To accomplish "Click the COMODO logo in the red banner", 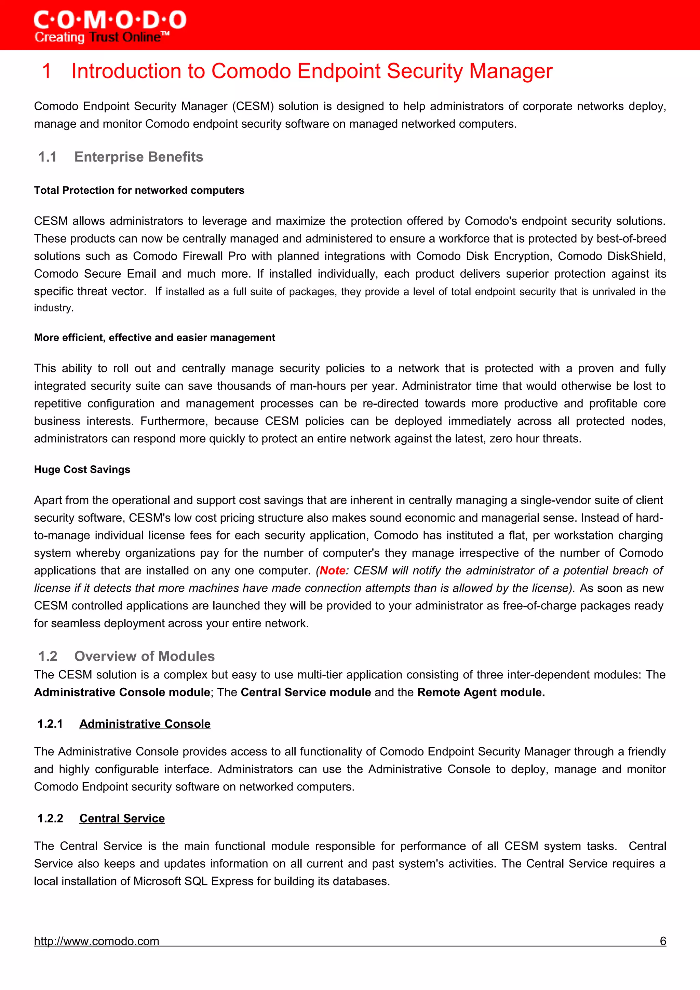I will pyautogui.click(x=110, y=20).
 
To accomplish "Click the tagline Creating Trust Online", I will pyautogui.click(x=102, y=37).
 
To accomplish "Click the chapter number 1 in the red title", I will pyautogui.click(x=46, y=71).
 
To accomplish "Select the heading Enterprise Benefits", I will pyautogui.click(x=138, y=157).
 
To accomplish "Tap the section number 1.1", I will pyautogui.click(x=48, y=157).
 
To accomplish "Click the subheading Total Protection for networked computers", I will pyautogui.click(x=139, y=190).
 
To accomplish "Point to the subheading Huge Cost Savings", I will pyautogui.click(x=82, y=470).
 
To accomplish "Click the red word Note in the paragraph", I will pyautogui.click(x=332, y=570).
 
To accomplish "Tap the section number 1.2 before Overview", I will pyautogui.click(x=48, y=656).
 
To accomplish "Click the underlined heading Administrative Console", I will pyautogui.click(x=145, y=724).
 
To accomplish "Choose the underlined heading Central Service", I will pyautogui.click(x=122, y=819).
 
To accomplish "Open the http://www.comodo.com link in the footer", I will pyautogui.click(x=97, y=941).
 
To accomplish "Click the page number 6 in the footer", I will pyautogui.click(x=663, y=941).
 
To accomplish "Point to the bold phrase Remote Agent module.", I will pyautogui.click(x=481, y=692).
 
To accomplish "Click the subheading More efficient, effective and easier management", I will pyautogui.click(x=154, y=338).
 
